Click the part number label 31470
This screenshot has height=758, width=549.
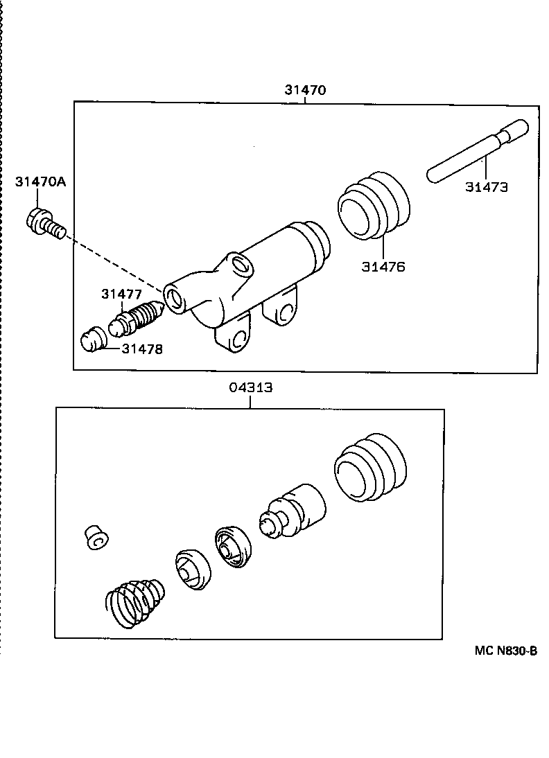(305, 89)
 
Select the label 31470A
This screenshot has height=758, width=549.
(40, 182)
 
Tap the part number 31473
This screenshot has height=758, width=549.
(486, 186)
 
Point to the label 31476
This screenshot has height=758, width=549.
(383, 266)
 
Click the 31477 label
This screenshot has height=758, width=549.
(121, 294)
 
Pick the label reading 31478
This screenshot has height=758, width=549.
(142, 349)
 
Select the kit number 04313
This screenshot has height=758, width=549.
(251, 388)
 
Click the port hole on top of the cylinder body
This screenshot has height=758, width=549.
(240, 264)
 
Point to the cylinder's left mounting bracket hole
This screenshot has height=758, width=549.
(238, 340)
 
